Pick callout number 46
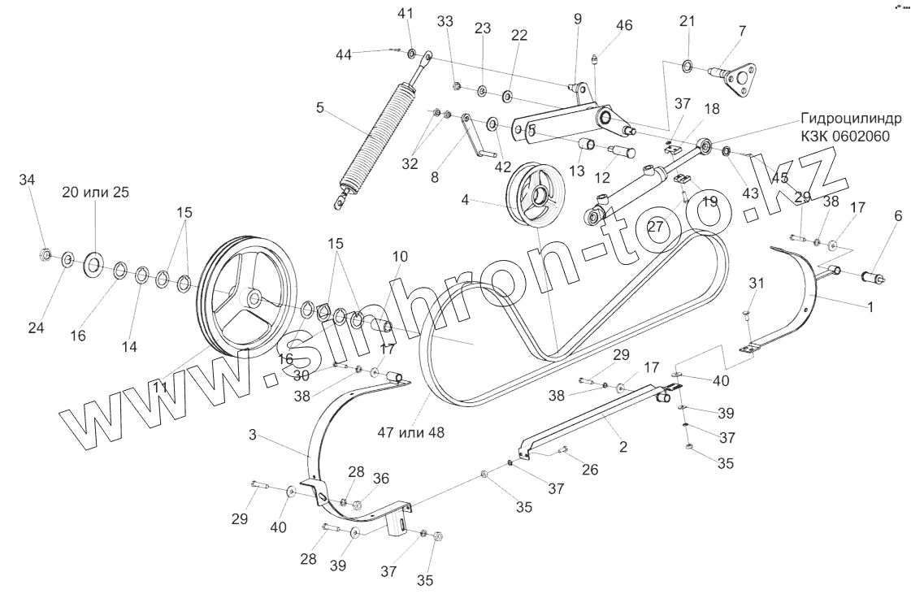tap(623, 25)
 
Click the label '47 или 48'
tap(410, 432)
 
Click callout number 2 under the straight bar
tap(623, 446)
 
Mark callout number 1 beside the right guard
tap(870, 308)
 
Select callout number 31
tap(757, 282)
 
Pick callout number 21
tap(688, 20)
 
